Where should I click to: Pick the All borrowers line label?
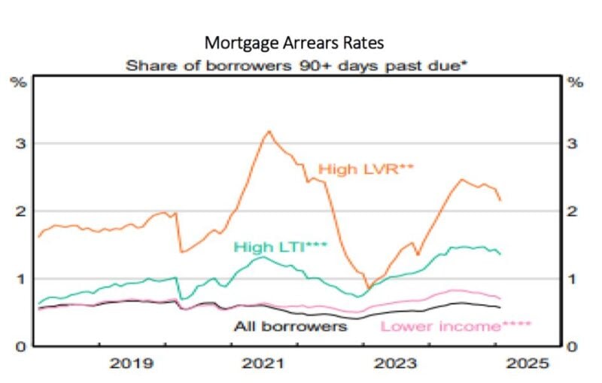(x=290, y=326)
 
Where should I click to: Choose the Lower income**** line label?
(x=456, y=327)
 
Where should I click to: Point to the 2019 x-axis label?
(x=133, y=364)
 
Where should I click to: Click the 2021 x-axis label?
(x=266, y=364)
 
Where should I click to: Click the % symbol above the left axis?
(x=17, y=81)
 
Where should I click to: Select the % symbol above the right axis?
(x=576, y=81)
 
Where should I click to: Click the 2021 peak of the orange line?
(x=269, y=131)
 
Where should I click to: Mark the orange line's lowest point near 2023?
(x=367, y=288)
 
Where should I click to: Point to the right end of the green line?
(x=500, y=254)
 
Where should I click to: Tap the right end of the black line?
(x=500, y=307)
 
